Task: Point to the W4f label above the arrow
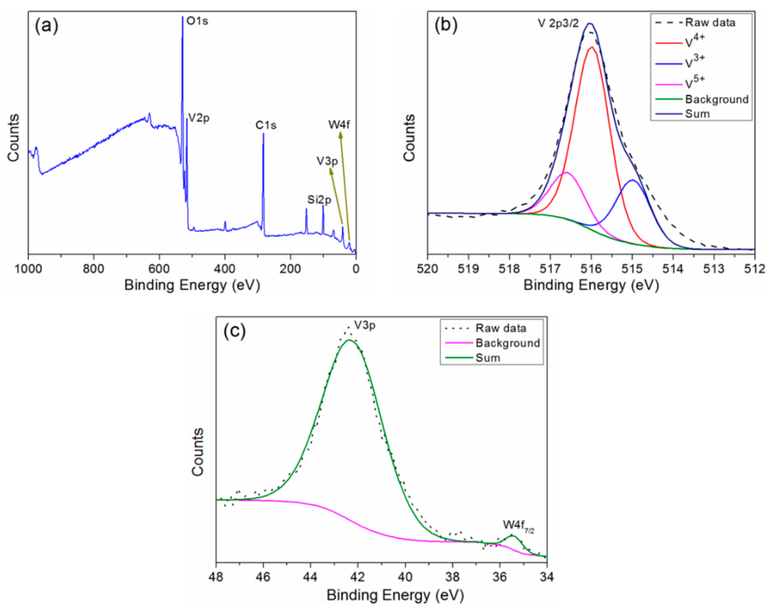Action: (x=339, y=125)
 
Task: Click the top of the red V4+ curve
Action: (x=592, y=47)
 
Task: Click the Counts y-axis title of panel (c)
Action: (x=198, y=452)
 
